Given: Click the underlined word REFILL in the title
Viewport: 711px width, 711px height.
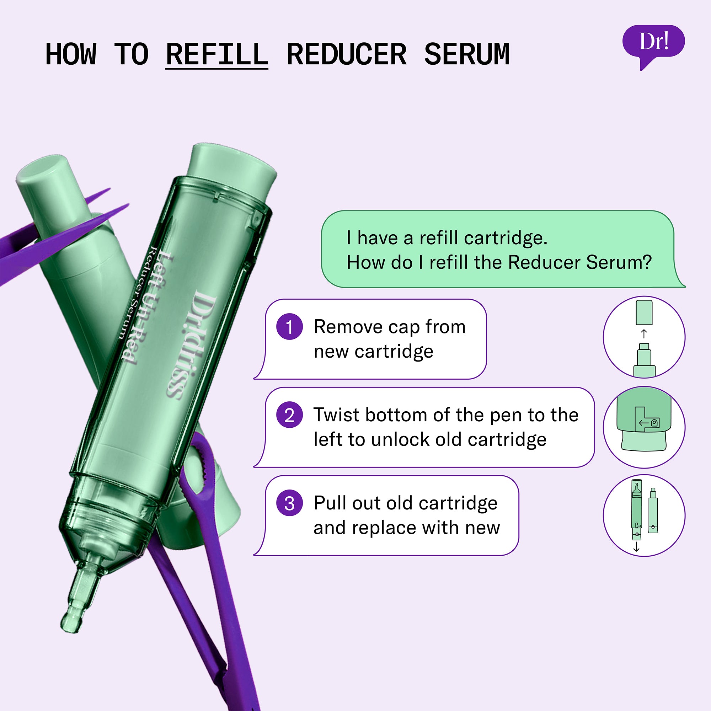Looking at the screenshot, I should tap(217, 54).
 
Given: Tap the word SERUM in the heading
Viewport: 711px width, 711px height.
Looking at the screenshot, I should tap(467, 54).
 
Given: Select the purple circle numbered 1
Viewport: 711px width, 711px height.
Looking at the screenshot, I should tap(290, 326).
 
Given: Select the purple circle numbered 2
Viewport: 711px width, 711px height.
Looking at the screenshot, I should tap(290, 415).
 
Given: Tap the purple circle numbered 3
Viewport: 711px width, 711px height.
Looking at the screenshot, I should tap(290, 503).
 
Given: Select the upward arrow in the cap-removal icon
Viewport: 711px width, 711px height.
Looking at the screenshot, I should tap(644, 334).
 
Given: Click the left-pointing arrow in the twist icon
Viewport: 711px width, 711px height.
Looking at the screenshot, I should tap(644, 423).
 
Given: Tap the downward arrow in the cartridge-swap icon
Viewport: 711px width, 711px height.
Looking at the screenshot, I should tap(636, 548).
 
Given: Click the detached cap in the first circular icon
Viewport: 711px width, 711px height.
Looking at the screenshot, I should tap(644, 312).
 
